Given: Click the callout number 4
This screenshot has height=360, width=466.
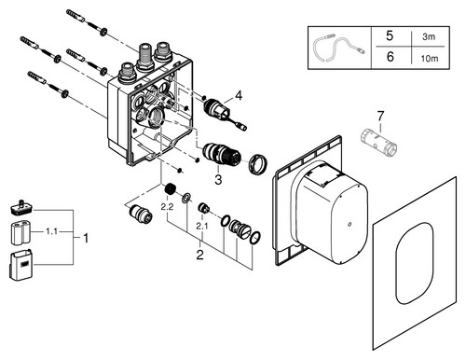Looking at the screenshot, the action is pos(239,95).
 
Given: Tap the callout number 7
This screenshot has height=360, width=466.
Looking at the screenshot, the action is pos(380,116).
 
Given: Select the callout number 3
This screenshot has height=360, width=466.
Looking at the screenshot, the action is pos(218,179).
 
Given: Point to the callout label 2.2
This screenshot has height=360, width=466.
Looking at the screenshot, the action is pos(167,207).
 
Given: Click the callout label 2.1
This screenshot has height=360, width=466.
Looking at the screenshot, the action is pos(202,227).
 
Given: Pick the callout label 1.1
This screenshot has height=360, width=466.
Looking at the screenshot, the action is pos(51,231).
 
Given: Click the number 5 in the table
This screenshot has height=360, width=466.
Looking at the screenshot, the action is pos(390,36).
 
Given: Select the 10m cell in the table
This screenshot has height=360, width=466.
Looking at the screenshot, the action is pos(430,58).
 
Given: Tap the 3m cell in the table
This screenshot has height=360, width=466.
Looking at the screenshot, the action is pos(429,36).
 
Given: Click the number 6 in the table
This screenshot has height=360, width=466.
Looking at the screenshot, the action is pos(390,57).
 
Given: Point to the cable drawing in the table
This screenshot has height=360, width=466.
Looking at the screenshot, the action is pos(338,47).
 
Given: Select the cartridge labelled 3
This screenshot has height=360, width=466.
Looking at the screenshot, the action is pos(221,153).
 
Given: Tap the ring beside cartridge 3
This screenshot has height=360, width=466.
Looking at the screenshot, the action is pos(258,163).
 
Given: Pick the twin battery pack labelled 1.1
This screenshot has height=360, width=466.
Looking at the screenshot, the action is pos(21,233).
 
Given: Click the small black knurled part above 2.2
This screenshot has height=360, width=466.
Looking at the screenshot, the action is pos(171,188).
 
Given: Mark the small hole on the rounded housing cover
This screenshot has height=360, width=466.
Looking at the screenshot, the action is pos(349,224).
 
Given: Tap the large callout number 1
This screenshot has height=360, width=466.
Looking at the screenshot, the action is pos(86,238).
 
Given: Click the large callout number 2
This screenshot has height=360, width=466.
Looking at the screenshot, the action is pos(199,255).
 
